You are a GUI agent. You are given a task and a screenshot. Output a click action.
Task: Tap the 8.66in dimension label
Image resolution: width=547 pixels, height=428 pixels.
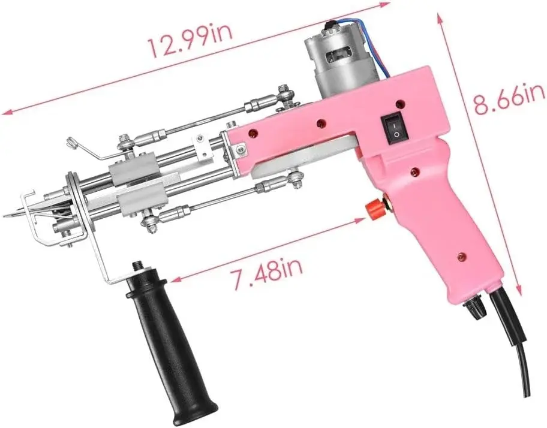pyautogui.click(x=509, y=99)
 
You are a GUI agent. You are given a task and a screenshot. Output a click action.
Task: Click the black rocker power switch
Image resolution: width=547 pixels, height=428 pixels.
pyautogui.click(x=395, y=129)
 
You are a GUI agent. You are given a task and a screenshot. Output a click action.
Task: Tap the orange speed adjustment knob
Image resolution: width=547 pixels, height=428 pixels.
pyautogui.click(x=374, y=209)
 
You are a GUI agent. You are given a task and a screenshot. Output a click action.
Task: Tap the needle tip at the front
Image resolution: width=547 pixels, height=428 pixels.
pyautogui.click(x=4, y=216)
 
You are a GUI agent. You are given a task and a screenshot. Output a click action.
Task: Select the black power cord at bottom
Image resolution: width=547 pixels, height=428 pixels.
pyautogui.click(x=513, y=334)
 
